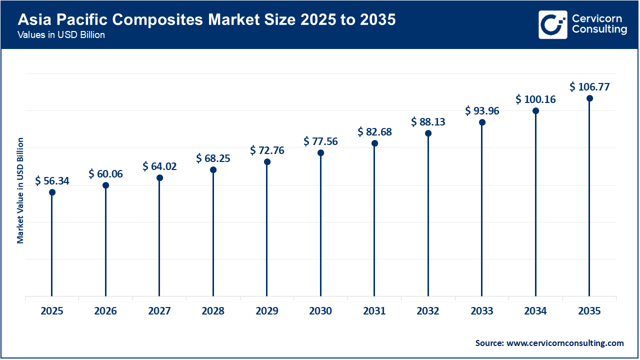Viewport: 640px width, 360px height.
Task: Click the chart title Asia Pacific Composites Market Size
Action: (x=206, y=20)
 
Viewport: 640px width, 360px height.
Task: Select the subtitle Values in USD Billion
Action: (x=61, y=35)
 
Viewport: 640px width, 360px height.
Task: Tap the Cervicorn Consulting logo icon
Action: (x=552, y=24)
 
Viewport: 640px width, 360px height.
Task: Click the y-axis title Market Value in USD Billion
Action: (x=20, y=190)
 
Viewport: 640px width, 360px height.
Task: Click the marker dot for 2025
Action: (x=52, y=192)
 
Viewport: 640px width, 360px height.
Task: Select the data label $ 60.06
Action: (x=105, y=174)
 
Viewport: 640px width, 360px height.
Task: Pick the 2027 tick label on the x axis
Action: (x=159, y=311)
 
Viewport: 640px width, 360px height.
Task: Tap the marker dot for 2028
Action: (x=213, y=170)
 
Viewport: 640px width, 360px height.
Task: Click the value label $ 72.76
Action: (x=267, y=150)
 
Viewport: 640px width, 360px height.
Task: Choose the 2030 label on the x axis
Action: (x=320, y=311)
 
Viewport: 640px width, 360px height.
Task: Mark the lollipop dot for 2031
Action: (x=374, y=143)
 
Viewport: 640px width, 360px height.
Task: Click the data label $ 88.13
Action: (x=428, y=122)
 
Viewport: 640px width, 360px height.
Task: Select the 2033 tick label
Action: (x=482, y=311)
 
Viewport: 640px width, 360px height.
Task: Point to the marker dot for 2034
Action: (x=535, y=111)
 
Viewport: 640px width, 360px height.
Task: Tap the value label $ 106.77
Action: (x=589, y=87)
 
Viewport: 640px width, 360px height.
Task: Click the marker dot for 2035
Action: (x=589, y=98)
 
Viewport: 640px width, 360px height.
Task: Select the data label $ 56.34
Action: (x=52, y=181)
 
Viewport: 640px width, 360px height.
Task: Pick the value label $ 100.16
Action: (x=535, y=99)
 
